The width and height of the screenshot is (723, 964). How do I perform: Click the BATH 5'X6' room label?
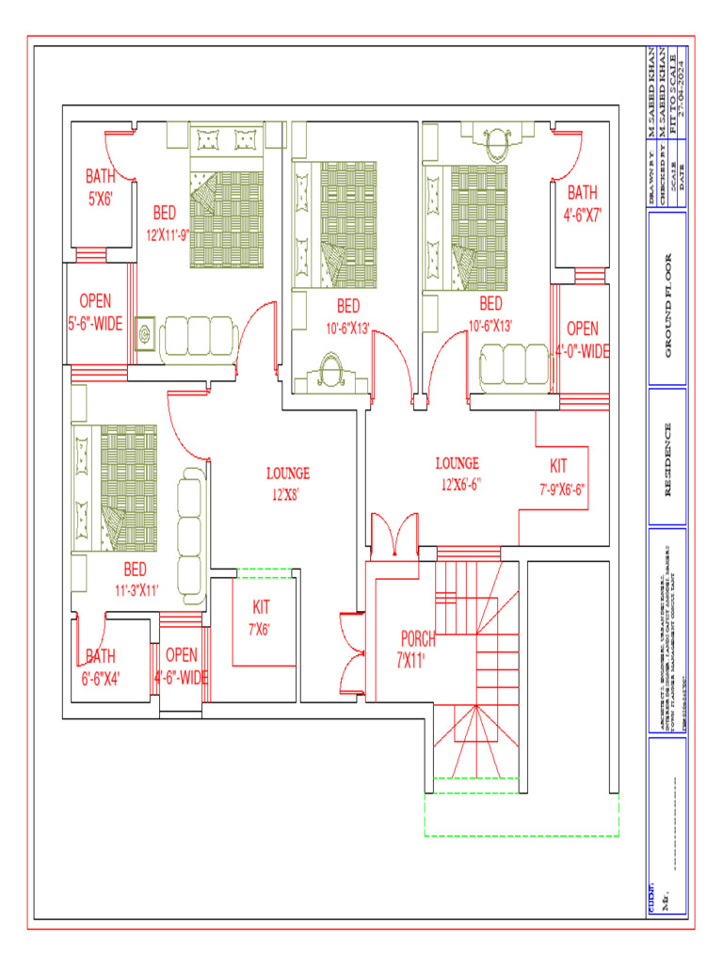pyautogui.click(x=100, y=185)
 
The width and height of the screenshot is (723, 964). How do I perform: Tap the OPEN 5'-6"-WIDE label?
pyautogui.click(x=95, y=312)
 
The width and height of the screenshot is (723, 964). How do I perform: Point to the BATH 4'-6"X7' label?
pyautogui.click(x=582, y=202)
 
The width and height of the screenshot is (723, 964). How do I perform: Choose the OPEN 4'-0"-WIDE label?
pyautogui.click(x=582, y=340)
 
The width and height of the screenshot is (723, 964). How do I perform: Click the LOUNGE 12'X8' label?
pyautogui.click(x=288, y=483)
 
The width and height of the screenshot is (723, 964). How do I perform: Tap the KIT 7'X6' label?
pyautogui.click(x=261, y=618)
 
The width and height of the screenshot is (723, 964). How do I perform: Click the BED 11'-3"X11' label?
pyautogui.click(x=136, y=579)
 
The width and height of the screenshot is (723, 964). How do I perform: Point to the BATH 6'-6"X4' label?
pyautogui.click(x=101, y=666)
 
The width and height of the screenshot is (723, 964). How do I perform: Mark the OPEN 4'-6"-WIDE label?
pyautogui.click(x=181, y=666)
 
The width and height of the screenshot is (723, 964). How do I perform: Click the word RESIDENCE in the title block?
pyautogui.click(x=668, y=460)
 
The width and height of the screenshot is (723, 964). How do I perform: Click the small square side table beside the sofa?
pyautogui.click(x=145, y=334)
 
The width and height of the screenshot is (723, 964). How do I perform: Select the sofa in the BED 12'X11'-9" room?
pyautogui.click(x=197, y=335)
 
